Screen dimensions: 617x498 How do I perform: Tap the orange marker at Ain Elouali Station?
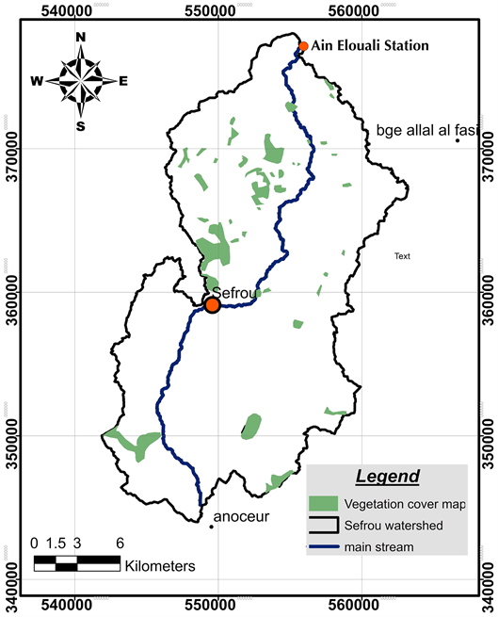(303, 46)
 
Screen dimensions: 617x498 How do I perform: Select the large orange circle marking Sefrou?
(213, 305)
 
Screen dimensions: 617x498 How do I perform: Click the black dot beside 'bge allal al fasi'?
(458, 140)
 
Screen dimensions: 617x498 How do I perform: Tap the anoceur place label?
(242, 517)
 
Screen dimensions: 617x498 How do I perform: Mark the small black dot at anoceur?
(211, 527)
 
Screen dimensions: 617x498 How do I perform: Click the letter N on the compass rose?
(81, 38)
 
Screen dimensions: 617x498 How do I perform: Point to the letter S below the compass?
(81, 125)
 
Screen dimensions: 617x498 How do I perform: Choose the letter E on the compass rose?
(122, 81)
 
